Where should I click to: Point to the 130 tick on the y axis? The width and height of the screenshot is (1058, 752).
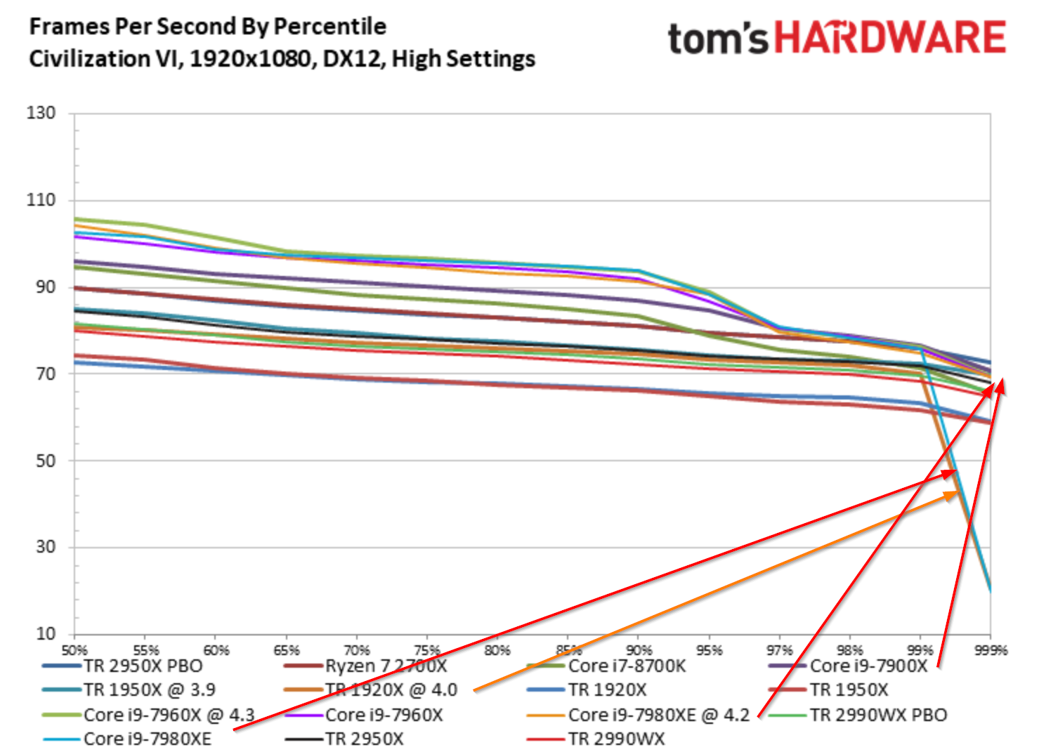click(x=41, y=113)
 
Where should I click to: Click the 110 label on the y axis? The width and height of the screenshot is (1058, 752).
click(x=41, y=200)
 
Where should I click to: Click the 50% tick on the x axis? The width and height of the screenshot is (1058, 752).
click(x=74, y=650)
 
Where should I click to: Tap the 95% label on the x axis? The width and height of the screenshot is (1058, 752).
click(x=710, y=650)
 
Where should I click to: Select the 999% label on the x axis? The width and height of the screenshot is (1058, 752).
click(x=991, y=650)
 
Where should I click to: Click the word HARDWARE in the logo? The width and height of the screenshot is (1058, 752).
click(x=890, y=38)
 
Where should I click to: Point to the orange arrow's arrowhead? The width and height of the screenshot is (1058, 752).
click(x=953, y=496)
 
